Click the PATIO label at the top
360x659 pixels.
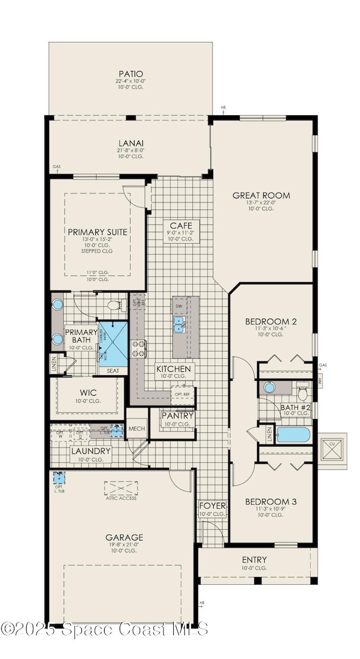[x=131, y=74]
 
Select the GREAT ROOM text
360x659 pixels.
[x=261, y=195]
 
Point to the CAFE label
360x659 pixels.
[x=181, y=225]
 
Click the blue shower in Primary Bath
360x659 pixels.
[x=113, y=341]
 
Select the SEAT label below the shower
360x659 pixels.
[x=113, y=370]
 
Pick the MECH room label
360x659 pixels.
[x=136, y=428]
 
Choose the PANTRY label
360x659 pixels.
[x=177, y=416]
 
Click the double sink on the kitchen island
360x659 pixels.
[x=179, y=324]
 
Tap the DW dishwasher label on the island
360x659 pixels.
[x=178, y=305]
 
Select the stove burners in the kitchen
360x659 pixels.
[x=138, y=349]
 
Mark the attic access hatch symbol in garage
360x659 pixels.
[x=120, y=489]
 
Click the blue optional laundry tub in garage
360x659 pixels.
[x=59, y=478]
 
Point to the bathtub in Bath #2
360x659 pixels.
[x=293, y=434]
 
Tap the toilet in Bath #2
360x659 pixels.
[x=302, y=392]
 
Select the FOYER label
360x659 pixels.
[x=213, y=505]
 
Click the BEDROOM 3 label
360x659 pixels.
[x=271, y=502]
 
